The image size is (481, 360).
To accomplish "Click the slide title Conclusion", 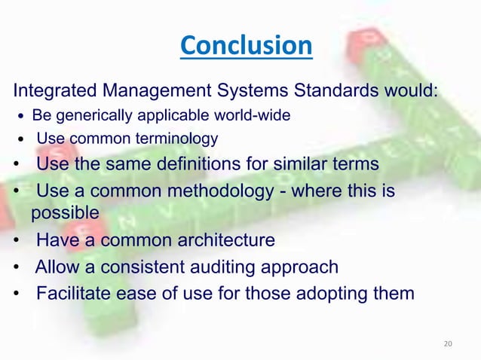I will coord(245,47).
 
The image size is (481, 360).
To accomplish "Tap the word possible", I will coord(65,213).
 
